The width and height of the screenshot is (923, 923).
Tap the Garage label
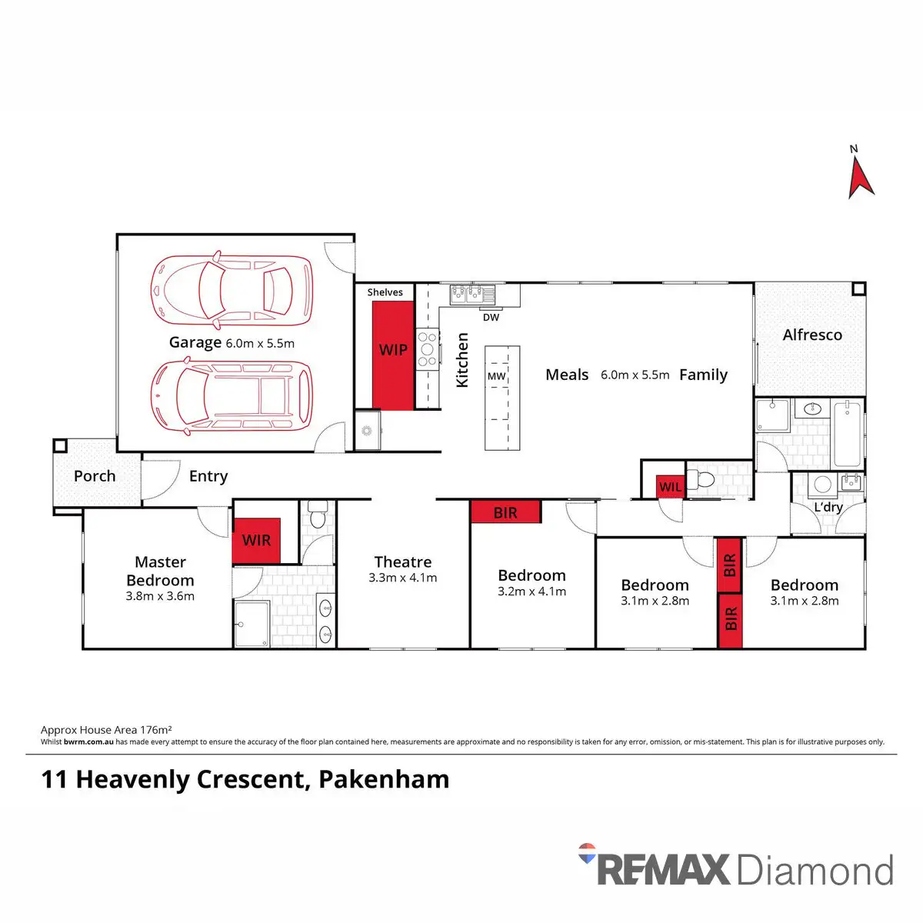pos(195,342)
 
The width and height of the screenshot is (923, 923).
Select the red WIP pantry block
pos(393,355)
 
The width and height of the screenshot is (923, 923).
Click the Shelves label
pos(385,292)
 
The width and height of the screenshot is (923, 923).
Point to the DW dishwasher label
pos(491,317)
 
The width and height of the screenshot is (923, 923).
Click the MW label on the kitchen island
pos(496,376)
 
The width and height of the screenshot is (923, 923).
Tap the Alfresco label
pos(811,335)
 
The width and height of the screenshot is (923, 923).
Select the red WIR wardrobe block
pos(256,540)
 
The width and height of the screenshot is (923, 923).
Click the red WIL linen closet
pos(670,487)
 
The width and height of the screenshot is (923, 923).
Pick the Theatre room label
pos(402,562)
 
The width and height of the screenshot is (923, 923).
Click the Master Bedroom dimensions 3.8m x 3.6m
pos(160,596)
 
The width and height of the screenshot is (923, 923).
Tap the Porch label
pos(95,476)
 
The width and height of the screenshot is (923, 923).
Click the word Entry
pos(208,476)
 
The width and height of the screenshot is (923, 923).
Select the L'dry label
pos(828,507)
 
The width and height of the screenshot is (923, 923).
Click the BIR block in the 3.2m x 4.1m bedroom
pos(505,512)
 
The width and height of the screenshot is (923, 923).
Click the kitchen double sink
pos(473,293)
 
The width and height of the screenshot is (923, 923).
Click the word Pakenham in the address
pos(384,779)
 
